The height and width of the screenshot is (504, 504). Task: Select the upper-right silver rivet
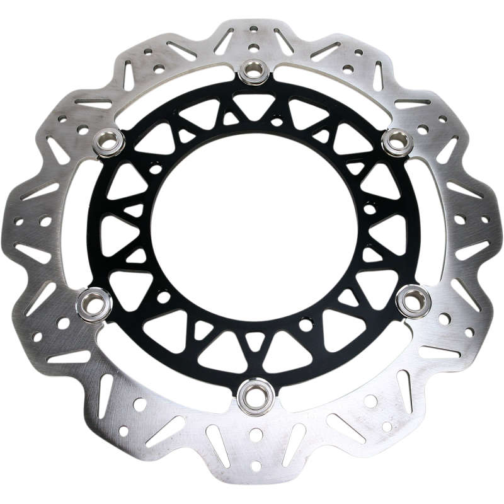[x=397, y=141]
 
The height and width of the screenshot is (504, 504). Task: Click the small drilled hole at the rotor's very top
[x=253, y=28]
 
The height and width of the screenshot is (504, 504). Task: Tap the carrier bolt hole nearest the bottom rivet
[x=232, y=340]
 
